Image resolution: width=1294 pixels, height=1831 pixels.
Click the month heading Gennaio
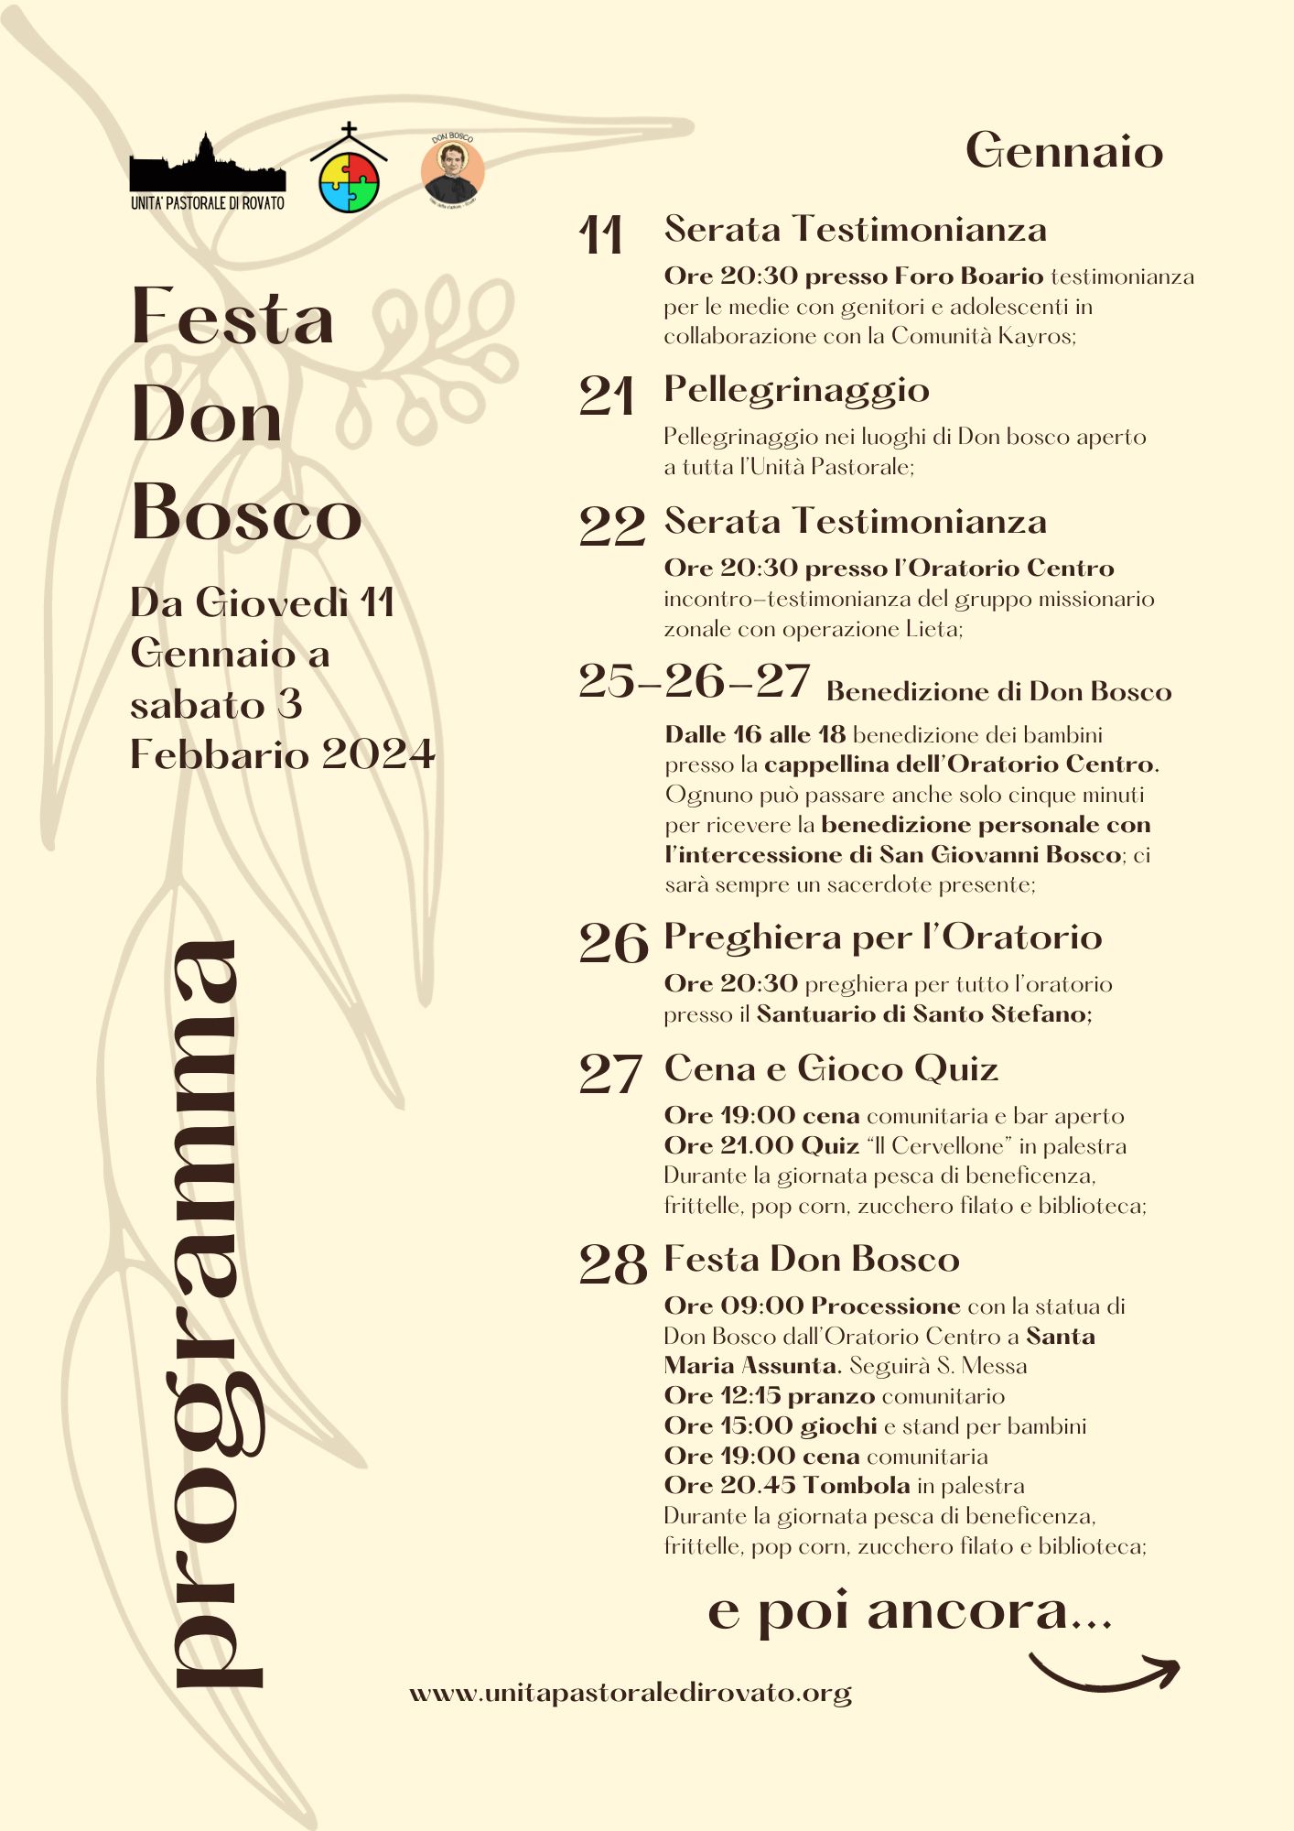point(1063,151)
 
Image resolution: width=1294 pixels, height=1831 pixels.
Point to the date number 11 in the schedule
point(601,235)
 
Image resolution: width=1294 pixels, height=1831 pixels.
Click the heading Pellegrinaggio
point(796,391)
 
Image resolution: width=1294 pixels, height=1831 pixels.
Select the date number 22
point(611,526)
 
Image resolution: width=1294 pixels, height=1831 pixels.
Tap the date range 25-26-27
point(694,682)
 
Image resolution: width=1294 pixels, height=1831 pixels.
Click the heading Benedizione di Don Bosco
point(998,691)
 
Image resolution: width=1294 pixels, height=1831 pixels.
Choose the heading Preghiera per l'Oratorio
point(882,937)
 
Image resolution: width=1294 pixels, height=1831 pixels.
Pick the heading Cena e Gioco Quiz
point(830,1069)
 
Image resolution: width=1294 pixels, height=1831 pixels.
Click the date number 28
point(612,1265)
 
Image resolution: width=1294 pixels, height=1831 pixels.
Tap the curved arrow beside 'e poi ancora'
point(1105,1672)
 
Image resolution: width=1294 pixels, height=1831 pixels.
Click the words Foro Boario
point(968,276)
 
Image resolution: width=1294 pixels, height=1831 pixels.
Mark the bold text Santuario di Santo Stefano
point(922,1014)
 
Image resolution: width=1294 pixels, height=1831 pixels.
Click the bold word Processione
point(885,1306)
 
